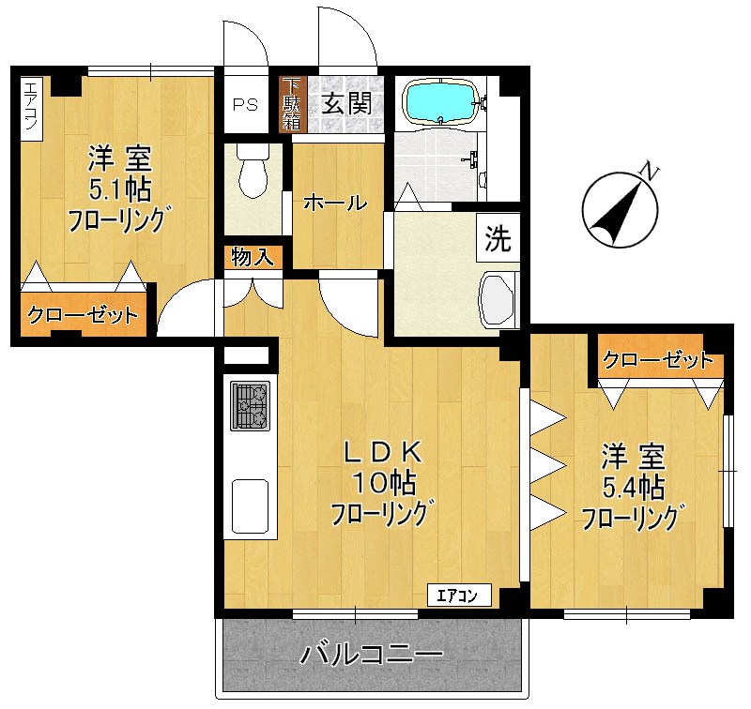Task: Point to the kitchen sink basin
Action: pos(250,505)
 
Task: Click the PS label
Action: pos(245,103)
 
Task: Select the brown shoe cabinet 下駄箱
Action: pos(293,104)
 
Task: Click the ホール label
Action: pos(334,203)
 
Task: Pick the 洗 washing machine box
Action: pos(498,239)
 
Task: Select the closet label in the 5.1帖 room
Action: pos(83,316)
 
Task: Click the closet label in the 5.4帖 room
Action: pos(657,359)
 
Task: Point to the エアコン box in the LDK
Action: pos(463,594)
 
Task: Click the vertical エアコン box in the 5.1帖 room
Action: pos(29,108)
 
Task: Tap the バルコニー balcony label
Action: pos(371,655)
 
